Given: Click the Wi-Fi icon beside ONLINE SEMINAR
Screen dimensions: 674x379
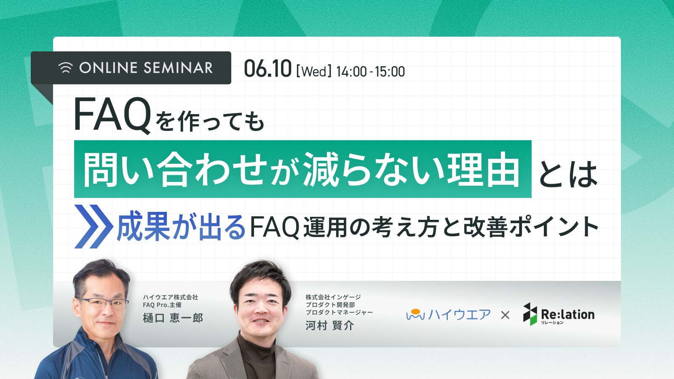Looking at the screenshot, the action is [66, 68].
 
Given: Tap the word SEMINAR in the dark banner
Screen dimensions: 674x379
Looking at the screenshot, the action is [178, 68].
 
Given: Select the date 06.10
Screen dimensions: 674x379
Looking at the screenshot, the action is [267, 68].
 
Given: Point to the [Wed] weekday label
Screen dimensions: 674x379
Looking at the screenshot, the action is [313, 72].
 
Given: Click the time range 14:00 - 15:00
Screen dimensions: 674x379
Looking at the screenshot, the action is [370, 72].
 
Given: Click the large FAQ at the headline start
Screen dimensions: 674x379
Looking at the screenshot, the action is [112, 115].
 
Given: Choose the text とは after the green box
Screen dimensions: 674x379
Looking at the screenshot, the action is [567, 174].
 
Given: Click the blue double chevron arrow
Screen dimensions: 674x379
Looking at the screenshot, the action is [93, 227].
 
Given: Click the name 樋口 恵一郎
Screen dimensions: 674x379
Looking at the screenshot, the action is [173, 318].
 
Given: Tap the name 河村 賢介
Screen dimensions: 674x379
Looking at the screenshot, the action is [329, 326].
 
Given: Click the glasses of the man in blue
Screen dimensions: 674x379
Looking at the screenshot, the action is [102, 303].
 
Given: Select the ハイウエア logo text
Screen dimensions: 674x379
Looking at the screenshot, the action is [459, 315].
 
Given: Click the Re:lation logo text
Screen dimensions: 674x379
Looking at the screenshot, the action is [568, 314].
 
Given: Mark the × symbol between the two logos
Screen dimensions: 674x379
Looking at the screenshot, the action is [505, 315].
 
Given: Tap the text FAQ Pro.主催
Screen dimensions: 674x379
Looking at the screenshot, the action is [162, 305].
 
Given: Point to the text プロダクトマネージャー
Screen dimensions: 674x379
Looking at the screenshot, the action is [339, 312].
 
